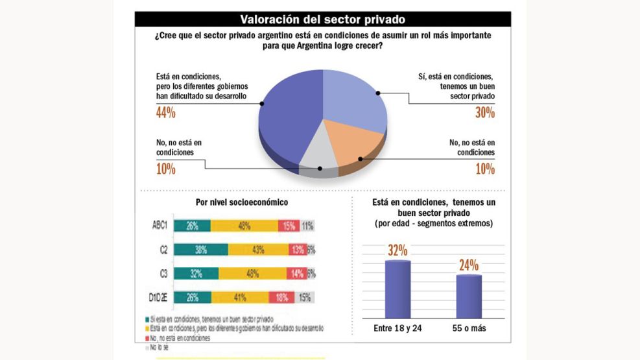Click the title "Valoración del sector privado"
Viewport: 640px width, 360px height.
click(x=323, y=19)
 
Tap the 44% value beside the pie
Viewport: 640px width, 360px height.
click(x=166, y=113)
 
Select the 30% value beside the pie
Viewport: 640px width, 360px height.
click(x=484, y=113)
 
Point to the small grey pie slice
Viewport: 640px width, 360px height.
click(x=318, y=156)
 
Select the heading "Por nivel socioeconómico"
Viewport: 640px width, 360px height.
click(x=242, y=202)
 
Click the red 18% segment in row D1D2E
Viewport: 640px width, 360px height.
click(x=283, y=297)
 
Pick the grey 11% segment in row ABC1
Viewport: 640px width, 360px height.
click(x=307, y=226)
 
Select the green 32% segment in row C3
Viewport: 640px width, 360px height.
click(x=197, y=274)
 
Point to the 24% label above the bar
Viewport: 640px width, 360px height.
click(x=469, y=265)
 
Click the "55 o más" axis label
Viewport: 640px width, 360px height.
click(x=469, y=328)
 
